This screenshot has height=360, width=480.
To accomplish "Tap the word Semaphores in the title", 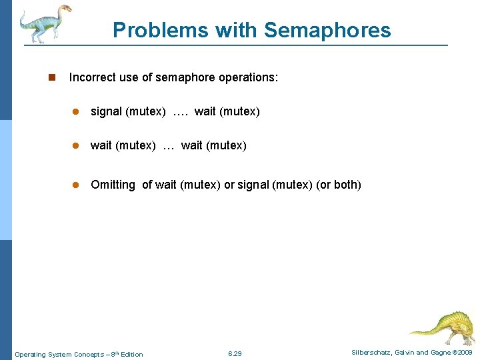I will (x=327, y=30).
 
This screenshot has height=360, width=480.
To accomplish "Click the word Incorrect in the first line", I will (x=92, y=77).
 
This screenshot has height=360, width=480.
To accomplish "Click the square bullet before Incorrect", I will (x=51, y=78).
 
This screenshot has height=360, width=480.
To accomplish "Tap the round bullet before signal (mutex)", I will (x=77, y=112).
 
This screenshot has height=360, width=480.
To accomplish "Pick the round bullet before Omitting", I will (x=77, y=185).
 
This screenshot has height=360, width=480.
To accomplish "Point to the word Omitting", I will (x=113, y=185).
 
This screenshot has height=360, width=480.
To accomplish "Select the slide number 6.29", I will (x=235, y=353).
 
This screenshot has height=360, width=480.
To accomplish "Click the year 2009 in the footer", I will (x=464, y=352).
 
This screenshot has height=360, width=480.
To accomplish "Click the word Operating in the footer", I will (x=30, y=354).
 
